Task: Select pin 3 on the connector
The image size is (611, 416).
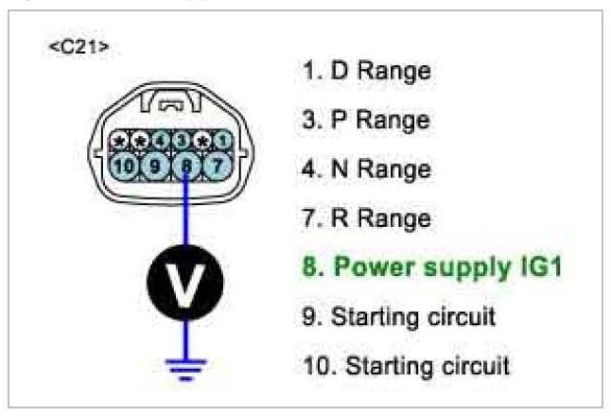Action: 181,140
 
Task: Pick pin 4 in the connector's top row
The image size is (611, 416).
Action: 163,140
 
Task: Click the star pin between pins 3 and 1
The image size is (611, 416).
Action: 201,140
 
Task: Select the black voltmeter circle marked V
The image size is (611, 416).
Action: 186,282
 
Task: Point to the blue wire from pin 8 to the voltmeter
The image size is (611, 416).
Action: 186,213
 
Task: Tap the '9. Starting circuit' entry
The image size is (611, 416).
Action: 398,317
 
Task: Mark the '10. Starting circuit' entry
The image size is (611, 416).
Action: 406,365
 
